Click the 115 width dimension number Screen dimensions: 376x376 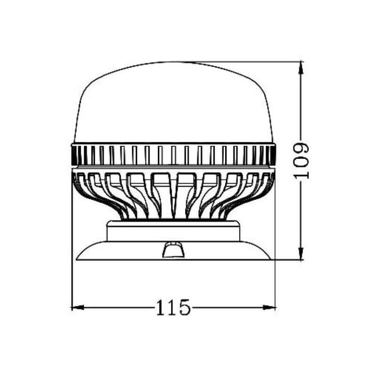[x=173, y=308]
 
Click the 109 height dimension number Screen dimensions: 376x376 [x=301, y=161]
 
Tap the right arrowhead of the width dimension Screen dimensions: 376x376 [x=269, y=307]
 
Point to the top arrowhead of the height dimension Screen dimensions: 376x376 [x=301, y=68]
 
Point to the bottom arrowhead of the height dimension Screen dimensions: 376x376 [x=301, y=253]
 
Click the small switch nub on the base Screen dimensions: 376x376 [x=174, y=250]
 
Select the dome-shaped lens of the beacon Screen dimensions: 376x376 [x=173, y=103]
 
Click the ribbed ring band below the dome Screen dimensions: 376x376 [x=173, y=155]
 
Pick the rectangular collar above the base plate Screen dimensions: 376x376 [x=173, y=231]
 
